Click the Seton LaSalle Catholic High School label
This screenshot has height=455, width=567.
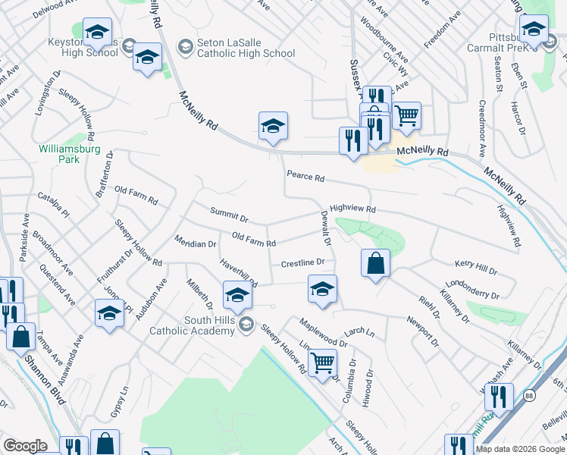(x=245, y=48)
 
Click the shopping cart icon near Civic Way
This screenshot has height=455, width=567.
(x=406, y=115)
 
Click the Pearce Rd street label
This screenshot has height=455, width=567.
(x=305, y=177)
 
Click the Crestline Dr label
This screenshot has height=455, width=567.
(x=302, y=263)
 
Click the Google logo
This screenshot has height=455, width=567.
(x=25, y=446)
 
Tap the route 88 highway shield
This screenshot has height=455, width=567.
(x=529, y=396)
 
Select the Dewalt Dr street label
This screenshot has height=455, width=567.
(x=326, y=228)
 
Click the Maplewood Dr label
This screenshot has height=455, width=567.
(x=323, y=332)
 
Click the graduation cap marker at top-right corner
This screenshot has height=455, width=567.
(x=534, y=30)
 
